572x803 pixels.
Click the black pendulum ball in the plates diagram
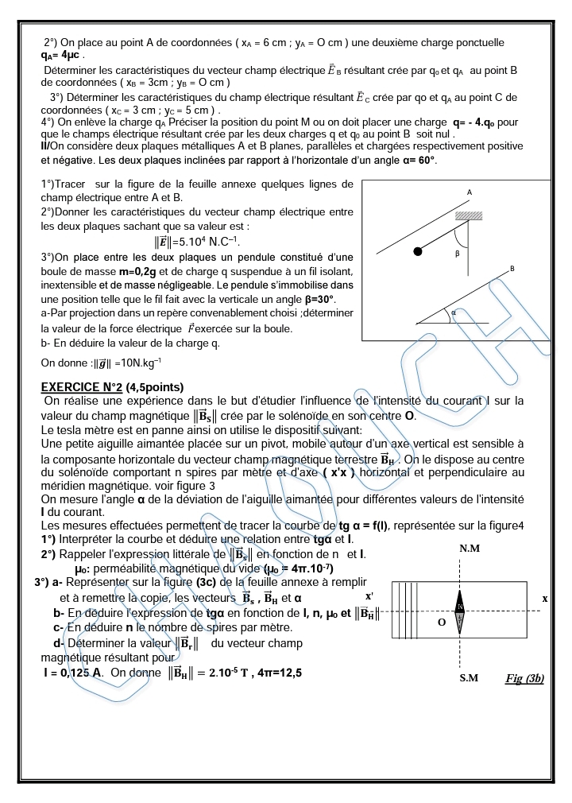point(417,252)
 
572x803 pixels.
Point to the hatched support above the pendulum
point(469,215)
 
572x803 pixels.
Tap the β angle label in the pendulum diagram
point(458,254)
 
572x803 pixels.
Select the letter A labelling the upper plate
point(470,192)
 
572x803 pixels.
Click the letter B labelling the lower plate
point(512,269)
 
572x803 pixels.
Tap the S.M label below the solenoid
point(469,678)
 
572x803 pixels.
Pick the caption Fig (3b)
point(524,678)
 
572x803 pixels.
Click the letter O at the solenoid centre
point(442,623)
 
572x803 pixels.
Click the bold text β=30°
point(315,299)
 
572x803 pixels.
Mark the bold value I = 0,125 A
point(73,673)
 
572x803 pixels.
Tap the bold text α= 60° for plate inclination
point(415,160)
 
